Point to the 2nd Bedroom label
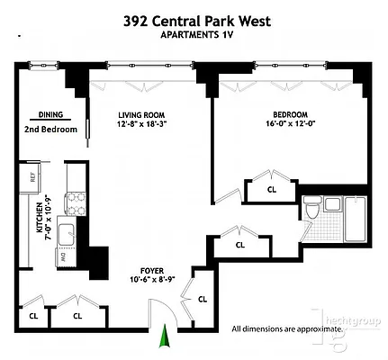pos(50,130)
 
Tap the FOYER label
pos(151,269)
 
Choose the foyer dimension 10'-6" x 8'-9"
pos(151,280)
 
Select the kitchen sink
pos(68,236)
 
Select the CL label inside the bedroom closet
pos(272,190)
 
